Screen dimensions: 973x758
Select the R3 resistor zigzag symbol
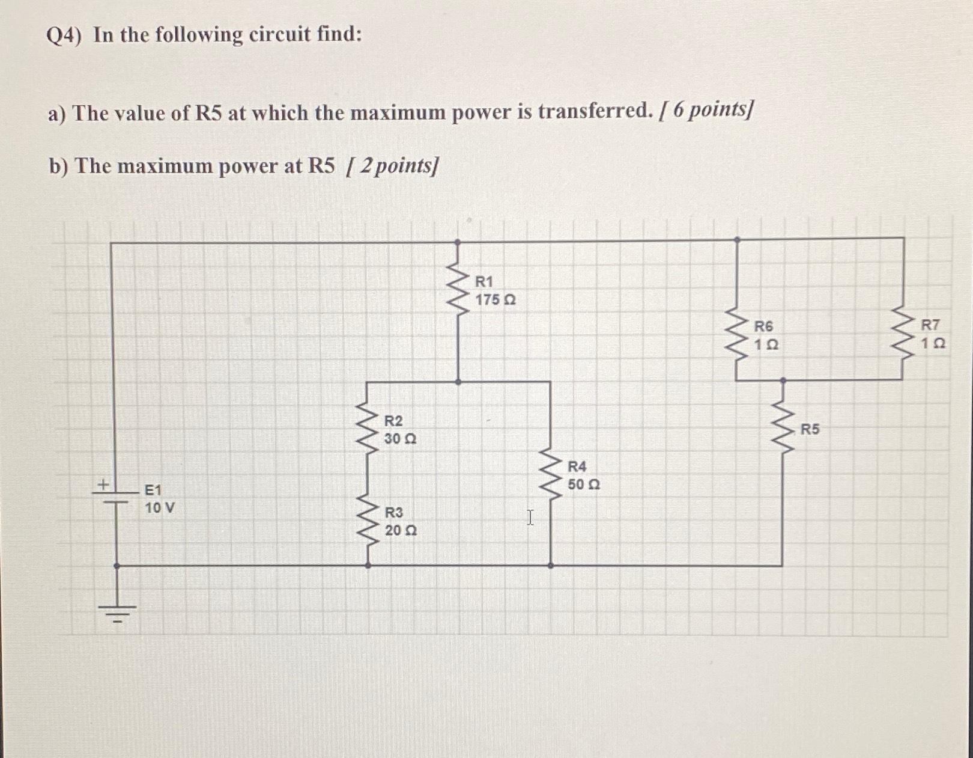point(368,522)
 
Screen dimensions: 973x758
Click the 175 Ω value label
point(495,299)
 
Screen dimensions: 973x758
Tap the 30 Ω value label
point(400,439)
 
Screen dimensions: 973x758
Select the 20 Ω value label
point(401,531)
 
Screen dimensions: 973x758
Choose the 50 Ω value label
point(584,484)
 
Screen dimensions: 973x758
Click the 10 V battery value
point(160,508)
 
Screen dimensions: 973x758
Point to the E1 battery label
point(153,491)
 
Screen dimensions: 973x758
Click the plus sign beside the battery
point(103,483)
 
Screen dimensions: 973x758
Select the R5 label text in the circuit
point(810,429)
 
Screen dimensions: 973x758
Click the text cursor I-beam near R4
point(530,518)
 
